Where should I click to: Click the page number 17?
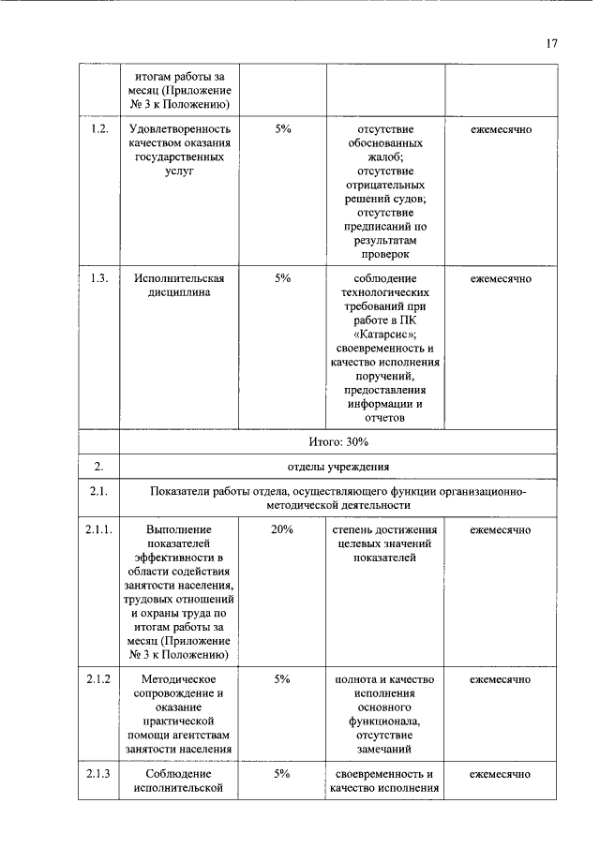click(x=552, y=43)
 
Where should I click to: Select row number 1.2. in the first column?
click(x=98, y=129)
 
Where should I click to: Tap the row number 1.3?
click(x=98, y=278)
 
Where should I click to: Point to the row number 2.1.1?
click(x=98, y=530)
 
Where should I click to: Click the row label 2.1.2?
click(x=98, y=678)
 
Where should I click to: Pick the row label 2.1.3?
click(x=98, y=774)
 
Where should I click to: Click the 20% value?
click(x=282, y=530)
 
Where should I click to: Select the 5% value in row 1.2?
click(x=282, y=129)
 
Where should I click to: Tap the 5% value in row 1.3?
click(x=282, y=278)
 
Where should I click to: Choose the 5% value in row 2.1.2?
click(x=282, y=678)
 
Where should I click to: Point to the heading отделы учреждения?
click(x=338, y=466)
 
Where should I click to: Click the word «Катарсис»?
click(x=385, y=335)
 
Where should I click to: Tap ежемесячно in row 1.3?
click(x=501, y=278)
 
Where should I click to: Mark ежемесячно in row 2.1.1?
click(x=501, y=530)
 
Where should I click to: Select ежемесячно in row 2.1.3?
click(x=501, y=774)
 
